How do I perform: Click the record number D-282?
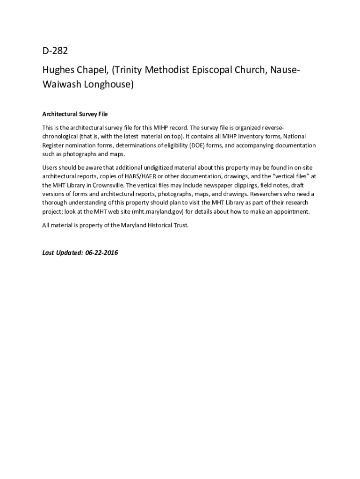(55, 51)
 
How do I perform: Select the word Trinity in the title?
(130, 70)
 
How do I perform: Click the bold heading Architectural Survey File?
(75, 114)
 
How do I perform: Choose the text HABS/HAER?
(141, 176)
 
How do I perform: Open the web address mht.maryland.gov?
(157, 212)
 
